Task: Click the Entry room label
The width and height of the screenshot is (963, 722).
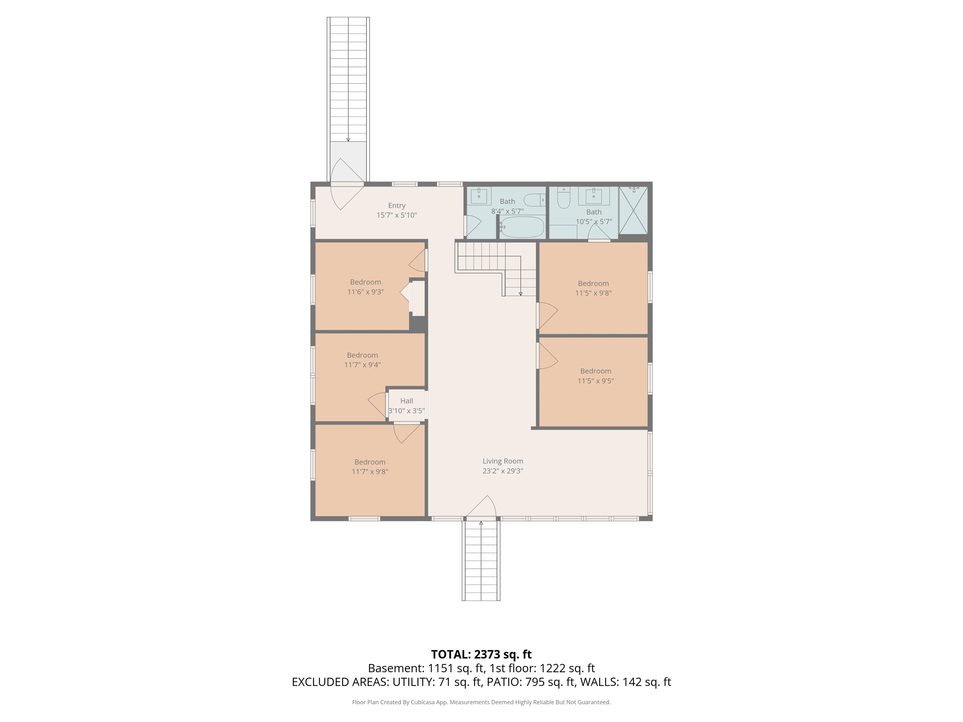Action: pyautogui.click(x=397, y=206)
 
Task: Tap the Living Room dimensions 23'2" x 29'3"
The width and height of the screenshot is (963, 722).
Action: pyautogui.click(x=503, y=471)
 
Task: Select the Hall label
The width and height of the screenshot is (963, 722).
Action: pyautogui.click(x=407, y=401)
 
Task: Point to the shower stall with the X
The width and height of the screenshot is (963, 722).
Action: pyautogui.click(x=634, y=210)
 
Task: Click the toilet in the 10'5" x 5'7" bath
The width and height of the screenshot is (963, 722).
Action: pyautogui.click(x=564, y=197)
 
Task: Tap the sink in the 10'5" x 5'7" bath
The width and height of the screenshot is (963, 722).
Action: pyautogui.click(x=594, y=196)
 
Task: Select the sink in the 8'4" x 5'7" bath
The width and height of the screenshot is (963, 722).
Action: pyautogui.click(x=479, y=196)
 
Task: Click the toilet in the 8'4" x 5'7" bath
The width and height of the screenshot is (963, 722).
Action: pyautogui.click(x=534, y=200)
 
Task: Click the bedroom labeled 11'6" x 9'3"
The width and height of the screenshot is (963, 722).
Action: pyautogui.click(x=365, y=287)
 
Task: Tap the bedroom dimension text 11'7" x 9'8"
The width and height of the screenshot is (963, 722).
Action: pyautogui.click(x=370, y=472)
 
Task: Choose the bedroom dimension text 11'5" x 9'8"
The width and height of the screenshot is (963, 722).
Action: pyautogui.click(x=593, y=293)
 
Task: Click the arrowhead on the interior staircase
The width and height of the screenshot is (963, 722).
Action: pyautogui.click(x=521, y=294)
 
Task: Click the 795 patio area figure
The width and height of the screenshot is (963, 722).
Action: pyautogui.click(x=535, y=682)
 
